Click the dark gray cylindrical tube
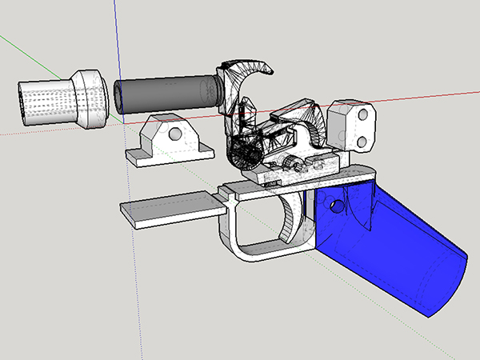click(168, 92)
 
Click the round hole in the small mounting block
click(171, 132)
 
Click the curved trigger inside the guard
click(290, 220)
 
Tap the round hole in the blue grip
click(336, 207)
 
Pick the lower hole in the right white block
click(362, 142)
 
